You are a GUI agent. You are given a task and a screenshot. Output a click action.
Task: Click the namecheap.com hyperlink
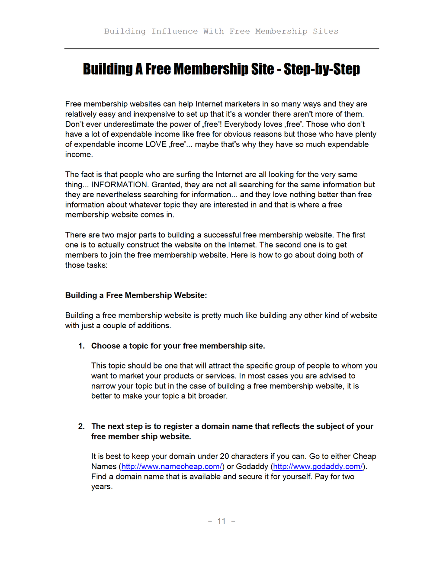(x=171, y=467)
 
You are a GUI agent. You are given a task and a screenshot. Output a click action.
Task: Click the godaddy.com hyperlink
(x=318, y=467)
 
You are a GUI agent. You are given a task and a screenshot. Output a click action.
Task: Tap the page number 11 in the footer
(x=221, y=521)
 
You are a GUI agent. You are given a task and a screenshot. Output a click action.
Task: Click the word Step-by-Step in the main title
(x=322, y=69)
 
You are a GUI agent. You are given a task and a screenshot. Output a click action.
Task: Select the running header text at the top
(x=221, y=31)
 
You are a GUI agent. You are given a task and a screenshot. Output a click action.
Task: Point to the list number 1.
(x=81, y=346)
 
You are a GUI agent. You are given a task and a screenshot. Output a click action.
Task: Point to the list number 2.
(x=81, y=426)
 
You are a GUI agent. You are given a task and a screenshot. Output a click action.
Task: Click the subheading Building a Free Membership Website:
(x=136, y=295)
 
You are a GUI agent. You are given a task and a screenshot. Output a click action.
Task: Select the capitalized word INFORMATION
(x=119, y=185)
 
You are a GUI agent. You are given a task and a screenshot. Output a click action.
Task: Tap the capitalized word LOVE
(x=156, y=144)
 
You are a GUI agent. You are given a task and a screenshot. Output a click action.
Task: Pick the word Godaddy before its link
(x=252, y=467)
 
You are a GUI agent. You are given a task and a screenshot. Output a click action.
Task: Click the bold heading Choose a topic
(x=178, y=346)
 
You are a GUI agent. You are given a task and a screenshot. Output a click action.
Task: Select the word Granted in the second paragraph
(x=166, y=185)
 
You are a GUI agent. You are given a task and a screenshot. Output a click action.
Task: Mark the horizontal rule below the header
(x=221, y=49)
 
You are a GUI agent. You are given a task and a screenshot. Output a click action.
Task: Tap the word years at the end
(x=102, y=487)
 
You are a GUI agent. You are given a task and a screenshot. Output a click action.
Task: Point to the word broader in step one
(x=212, y=396)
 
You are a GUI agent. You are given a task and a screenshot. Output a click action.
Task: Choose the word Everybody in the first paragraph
(x=242, y=125)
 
